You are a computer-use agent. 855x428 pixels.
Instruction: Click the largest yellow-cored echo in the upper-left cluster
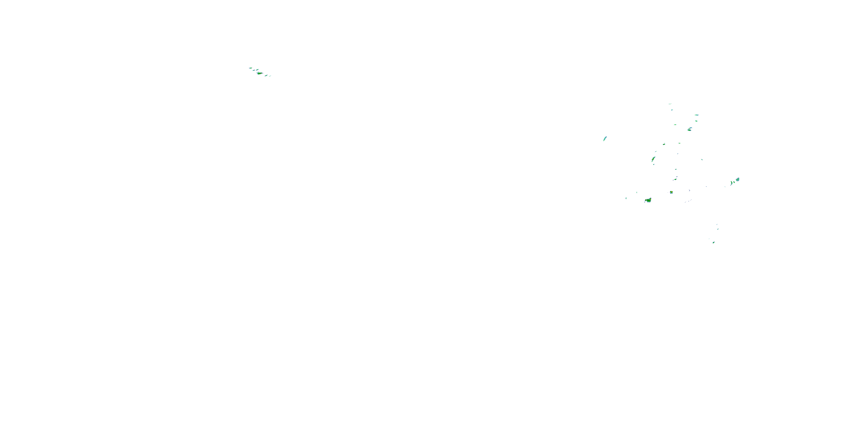[260, 73]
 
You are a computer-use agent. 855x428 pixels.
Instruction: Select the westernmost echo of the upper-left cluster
[250, 68]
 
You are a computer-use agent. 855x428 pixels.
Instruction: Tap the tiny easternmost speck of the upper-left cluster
[270, 76]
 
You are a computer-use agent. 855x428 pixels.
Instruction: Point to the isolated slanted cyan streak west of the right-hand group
[605, 139]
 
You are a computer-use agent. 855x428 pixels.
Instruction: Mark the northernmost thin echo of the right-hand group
[670, 104]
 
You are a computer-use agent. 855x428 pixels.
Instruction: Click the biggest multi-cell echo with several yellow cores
[648, 200]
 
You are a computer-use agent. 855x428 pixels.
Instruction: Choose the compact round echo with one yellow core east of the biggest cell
[671, 192]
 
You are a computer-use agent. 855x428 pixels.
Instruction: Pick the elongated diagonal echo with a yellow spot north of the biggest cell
[653, 159]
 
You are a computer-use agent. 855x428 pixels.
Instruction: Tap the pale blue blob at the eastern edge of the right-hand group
[738, 179]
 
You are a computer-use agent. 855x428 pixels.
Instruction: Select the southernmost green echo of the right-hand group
[713, 243]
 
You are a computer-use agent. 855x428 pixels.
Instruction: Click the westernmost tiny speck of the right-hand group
[626, 198]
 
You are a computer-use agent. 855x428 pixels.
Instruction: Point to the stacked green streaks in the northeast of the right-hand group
[690, 129]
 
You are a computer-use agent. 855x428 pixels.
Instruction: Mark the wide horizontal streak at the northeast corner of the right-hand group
[697, 115]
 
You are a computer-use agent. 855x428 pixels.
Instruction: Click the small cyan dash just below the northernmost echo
[672, 110]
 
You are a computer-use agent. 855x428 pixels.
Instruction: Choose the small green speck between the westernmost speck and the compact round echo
[637, 192]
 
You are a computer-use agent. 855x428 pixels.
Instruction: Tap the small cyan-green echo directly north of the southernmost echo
[718, 229]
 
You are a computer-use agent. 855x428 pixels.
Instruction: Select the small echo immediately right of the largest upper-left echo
[266, 75]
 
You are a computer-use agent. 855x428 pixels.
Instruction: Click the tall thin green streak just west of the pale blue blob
[731, 183]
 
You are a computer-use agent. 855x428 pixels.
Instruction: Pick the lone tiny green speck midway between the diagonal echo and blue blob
[702, 160]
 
